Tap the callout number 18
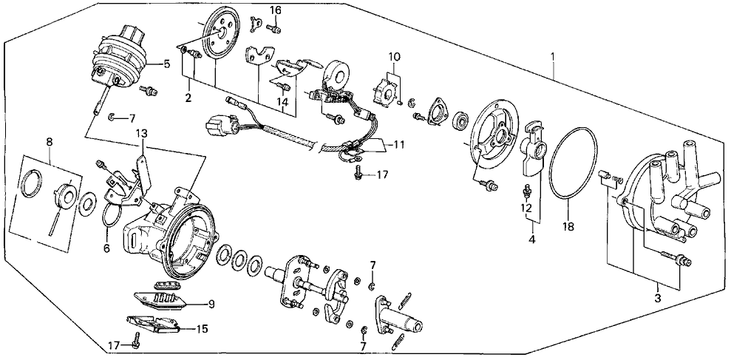568,228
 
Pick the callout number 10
394,56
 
